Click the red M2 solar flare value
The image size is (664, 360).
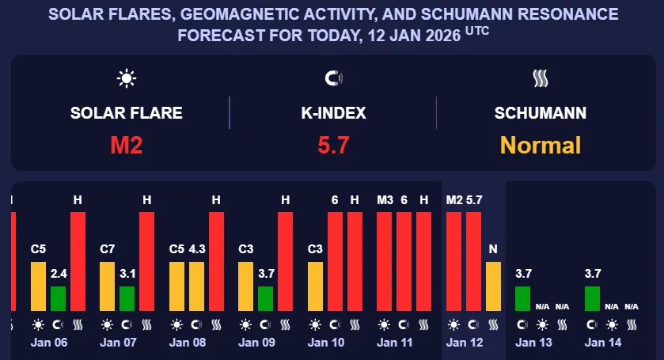(x=127, y=145)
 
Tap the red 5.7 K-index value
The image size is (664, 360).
(x=332, y=145)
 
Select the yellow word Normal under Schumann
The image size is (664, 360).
(x=541, y=145)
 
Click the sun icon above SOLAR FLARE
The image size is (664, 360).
(x=127, y=78)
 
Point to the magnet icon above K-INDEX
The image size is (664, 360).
(x=333, y=78)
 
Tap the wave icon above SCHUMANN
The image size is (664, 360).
(x=541, y=78)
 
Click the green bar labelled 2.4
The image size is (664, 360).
(x=58, y=298)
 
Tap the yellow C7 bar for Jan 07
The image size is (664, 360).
(x=108, y=286)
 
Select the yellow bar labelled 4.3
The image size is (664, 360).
(x=197, y=286)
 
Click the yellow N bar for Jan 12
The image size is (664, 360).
(x=493, y=286)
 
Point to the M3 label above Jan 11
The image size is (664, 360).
(x=385, y=200)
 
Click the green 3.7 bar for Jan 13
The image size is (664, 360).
(x=522, y=298)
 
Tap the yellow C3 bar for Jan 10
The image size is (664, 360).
(x=315, y=286)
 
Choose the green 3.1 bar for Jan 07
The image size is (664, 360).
(x=127, y=298)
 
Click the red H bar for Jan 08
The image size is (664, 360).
(x=216, y=261)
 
